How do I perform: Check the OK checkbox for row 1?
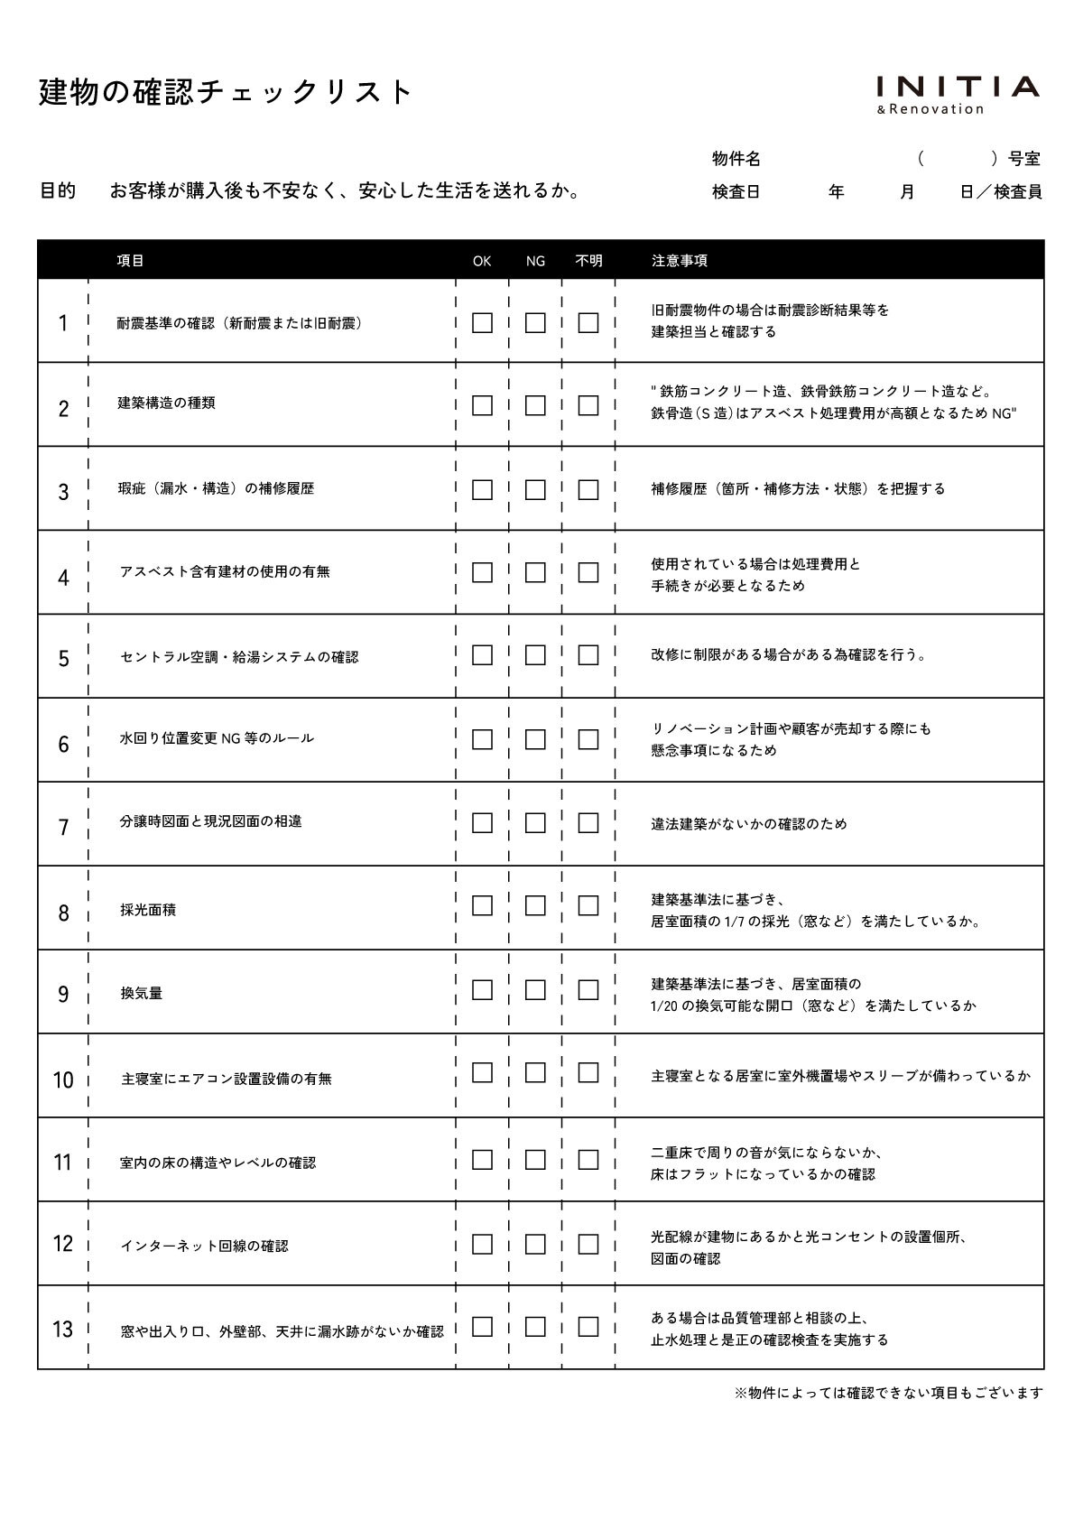[482, 322]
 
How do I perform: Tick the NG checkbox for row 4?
[535, 572]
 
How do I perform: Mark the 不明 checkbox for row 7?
[588, 822]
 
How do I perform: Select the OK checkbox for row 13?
[482, 1326]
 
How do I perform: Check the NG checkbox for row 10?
[535, 1072]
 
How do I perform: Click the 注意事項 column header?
[680, 261]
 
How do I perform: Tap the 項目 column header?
[131, 261]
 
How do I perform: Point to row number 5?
[63, 658]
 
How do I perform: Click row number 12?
[62, 1244]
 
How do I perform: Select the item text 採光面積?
[148, 910]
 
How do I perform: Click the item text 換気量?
[142, 993]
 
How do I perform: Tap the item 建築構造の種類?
[166, 403]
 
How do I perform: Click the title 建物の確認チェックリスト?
[226, 92]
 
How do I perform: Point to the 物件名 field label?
[736, 159]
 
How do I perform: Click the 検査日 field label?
[736, 191]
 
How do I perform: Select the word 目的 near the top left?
[58, 191]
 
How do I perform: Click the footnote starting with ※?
[889, 1393]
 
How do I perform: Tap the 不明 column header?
[588, 261]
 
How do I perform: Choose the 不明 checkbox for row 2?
[588, 405]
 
